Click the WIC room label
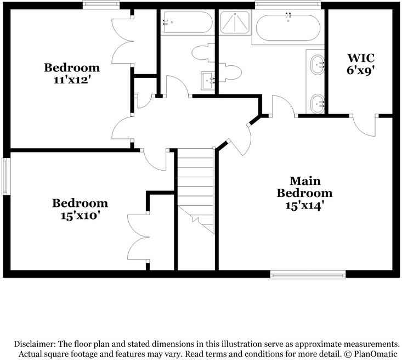coord(361,58)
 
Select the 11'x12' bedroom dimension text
coord(72,80)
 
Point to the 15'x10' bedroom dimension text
coord(80,216)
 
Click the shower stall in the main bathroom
coord(235,22)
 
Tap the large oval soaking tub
coord(288,27)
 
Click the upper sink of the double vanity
coord(318,65)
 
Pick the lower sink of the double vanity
coord(318,104)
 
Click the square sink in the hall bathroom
coord(208,81)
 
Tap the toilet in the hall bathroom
coord(203,53)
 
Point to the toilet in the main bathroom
coord(230,72)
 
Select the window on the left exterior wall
coord(6,176)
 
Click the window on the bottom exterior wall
coord(308,274)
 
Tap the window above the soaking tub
coord(288,5)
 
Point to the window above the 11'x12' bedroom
coord(101,5)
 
